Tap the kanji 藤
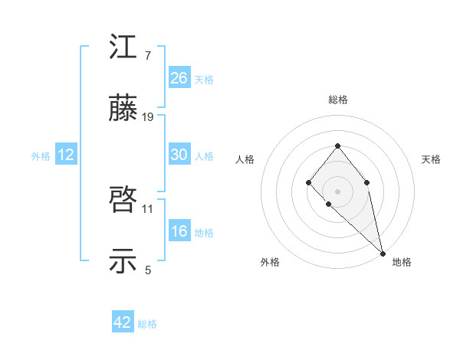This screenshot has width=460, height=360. click(x=124, y=110)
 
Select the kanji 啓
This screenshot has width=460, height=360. click(x=124, y=201)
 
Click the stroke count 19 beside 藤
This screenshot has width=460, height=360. click(x=148, y=117)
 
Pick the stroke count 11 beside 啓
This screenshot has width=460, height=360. click(x=148, y=208)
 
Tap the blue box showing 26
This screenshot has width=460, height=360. click(x=179, y=77)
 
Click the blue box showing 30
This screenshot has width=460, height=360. click(x=179, y=155)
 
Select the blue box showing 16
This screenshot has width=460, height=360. click(x=179, y=231)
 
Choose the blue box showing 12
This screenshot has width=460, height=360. click(x=66, y=155)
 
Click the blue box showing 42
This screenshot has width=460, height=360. click(x=123, y=322)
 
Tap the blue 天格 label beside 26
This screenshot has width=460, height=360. click(x=204, y=79)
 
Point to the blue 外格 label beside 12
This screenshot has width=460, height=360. click(x=41, y=156)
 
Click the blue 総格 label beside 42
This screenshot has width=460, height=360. click(x=147, y=324)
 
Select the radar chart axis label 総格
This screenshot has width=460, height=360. click(x=338, y=100)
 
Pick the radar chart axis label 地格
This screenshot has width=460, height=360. click(x=402, y=262)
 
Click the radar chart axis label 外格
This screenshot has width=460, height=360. click(x=270, y=262)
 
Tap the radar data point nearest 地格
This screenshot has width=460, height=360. click(x=383, y=253)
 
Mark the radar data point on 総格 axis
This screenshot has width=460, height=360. click(x=337, y=146)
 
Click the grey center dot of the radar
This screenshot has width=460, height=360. click(x=337, y=191)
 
